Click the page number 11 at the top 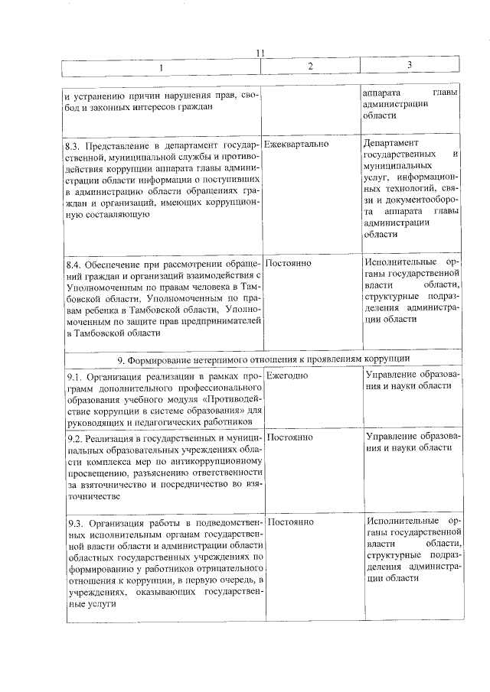pyautogui.click(x=260, y=53)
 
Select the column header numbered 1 pyautogui.click(x=161, y=67)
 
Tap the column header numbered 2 pyautogui.click(x=310, y=67)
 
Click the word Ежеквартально pyautogui.click(x=298, y=144)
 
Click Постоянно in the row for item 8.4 pyautogui.click(x=290, y=262)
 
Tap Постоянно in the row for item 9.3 pyautogui.click(x=290, y=522)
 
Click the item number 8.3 pyautogui.click(x=73, y=145)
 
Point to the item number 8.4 pyautogui.click(x=73, y=263)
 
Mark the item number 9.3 pyautogui.click(x=73, y=523)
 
